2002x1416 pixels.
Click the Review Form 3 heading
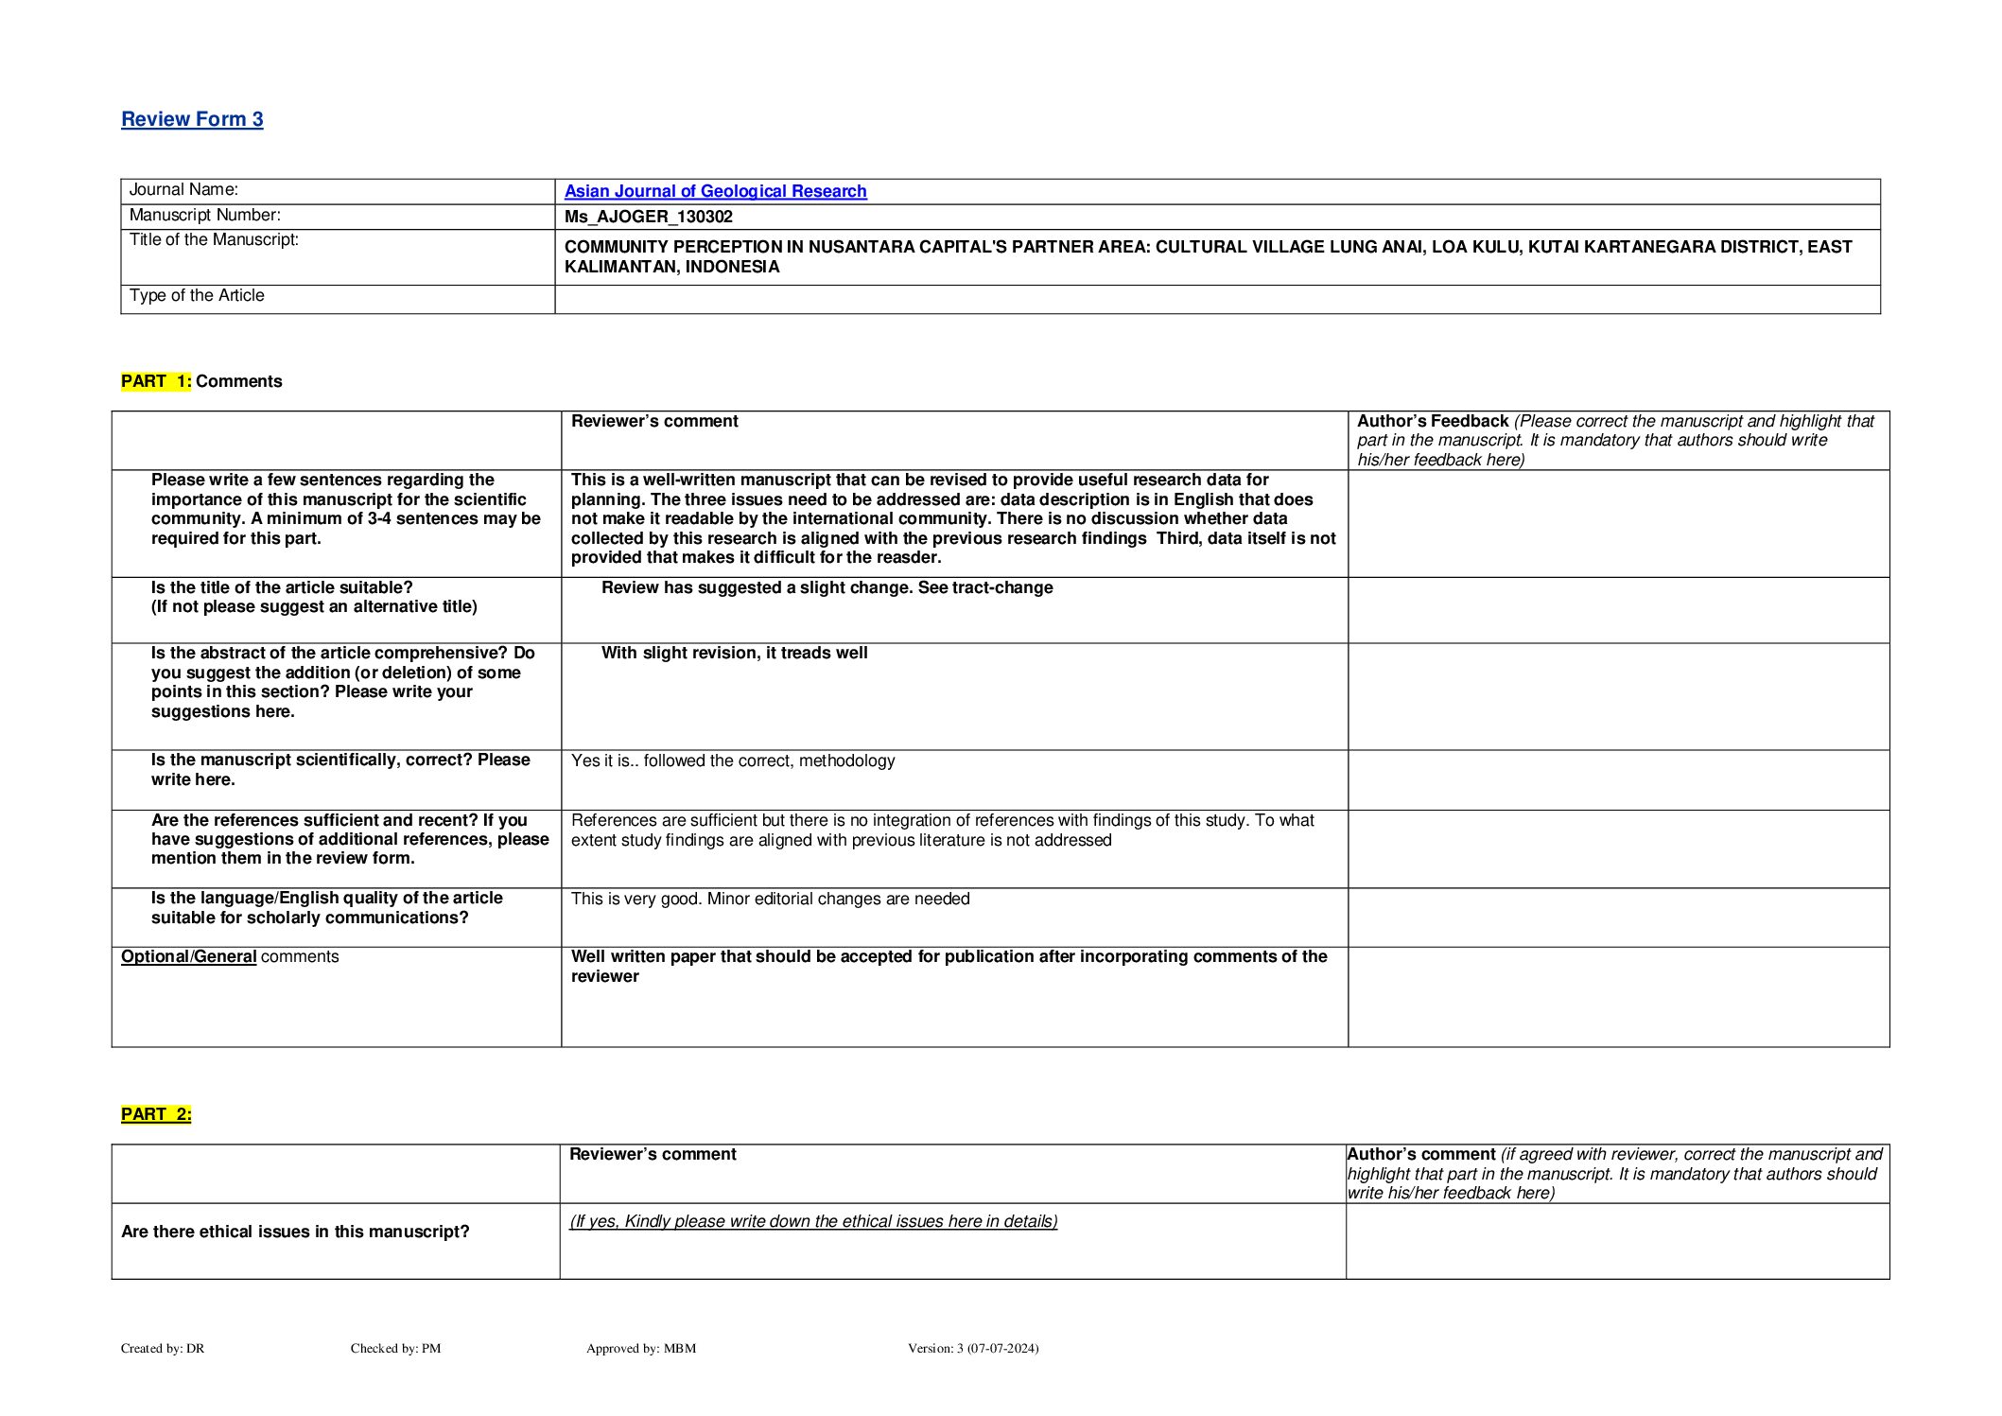[x=192, y=119]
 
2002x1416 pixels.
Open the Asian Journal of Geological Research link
[x=715, y=191]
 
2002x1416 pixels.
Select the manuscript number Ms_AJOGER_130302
[x=648, y=217]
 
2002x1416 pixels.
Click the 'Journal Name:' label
[x=183, y=190]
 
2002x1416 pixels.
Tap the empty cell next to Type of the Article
[x=1216, y=299]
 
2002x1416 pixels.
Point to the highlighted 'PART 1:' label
[x=156, y=381]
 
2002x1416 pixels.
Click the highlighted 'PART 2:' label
[x=156, y=1114]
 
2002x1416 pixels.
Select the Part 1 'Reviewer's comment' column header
[x=654, y=421]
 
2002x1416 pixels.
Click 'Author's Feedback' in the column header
[x=1432, y=421]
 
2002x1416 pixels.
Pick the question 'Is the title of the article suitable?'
[x=282, y=587]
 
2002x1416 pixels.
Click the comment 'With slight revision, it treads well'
[x=734, y=653]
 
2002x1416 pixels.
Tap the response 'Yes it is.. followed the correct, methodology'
[x=732, y=760]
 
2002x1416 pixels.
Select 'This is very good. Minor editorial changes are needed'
[x=770, y=899]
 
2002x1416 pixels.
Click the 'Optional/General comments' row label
[x=229, y=956]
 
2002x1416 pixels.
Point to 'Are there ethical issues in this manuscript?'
[x=295, y=1232]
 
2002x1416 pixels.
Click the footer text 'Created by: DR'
[x=163, y=1348]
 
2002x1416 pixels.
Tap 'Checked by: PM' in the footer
[x=395, y=1348]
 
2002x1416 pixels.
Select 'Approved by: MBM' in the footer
[x=640, y=1348]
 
